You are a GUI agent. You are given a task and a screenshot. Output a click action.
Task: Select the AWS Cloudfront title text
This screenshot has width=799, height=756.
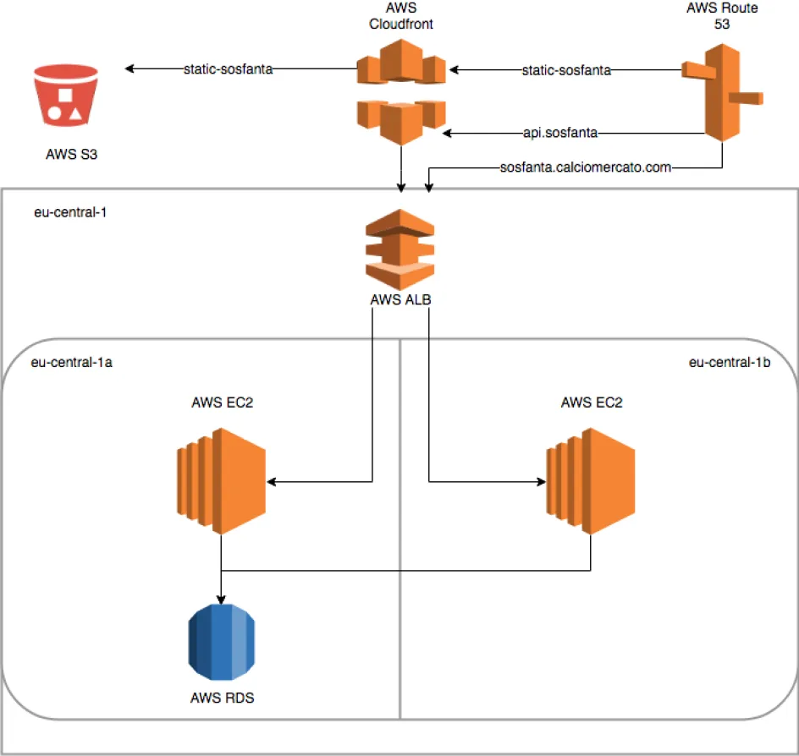(400, 16)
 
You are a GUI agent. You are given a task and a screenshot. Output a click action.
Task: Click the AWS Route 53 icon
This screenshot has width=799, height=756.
(722, 92)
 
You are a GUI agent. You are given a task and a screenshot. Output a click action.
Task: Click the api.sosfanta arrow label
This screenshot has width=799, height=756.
(562, 133)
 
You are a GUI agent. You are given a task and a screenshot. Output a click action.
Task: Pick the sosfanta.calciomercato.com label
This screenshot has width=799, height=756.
(586, 167)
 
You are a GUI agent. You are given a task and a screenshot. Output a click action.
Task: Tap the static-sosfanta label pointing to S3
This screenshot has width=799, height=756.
(228, 69)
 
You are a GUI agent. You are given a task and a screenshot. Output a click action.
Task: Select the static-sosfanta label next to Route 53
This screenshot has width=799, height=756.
(566, 69)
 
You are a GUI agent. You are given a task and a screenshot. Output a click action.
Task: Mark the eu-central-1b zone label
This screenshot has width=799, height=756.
(729, 363)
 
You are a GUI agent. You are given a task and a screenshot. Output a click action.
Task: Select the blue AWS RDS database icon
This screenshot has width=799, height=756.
(221, 643)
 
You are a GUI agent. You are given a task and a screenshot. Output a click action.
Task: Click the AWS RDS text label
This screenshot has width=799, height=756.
(223, 698)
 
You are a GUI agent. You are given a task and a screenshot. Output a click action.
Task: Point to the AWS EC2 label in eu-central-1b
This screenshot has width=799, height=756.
(592, 403)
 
